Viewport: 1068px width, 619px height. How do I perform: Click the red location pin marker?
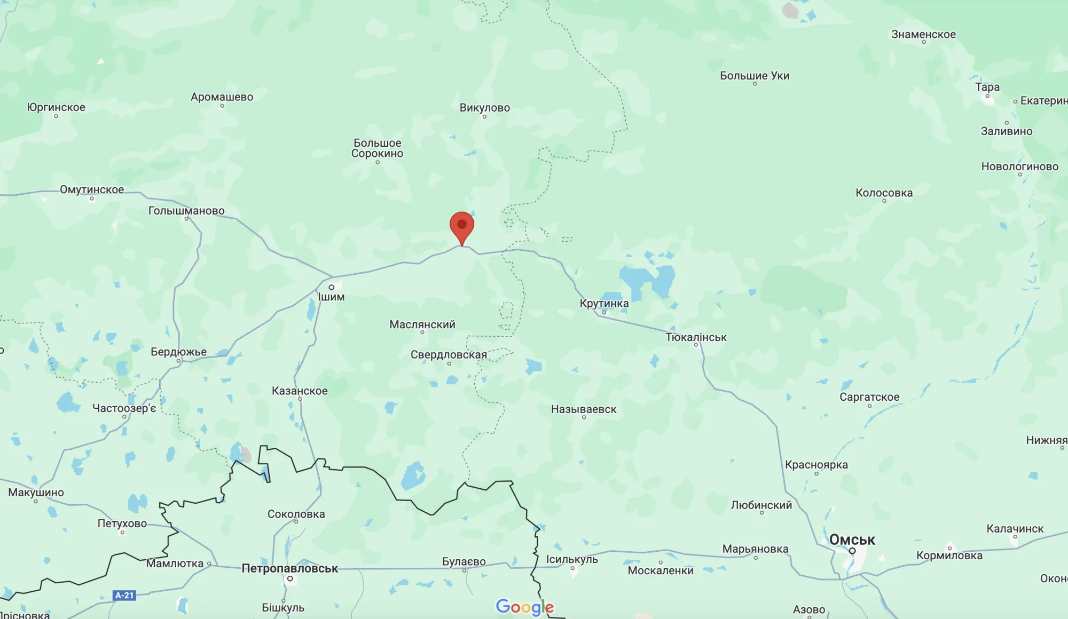click(462, 226)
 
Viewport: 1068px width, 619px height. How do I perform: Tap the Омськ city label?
click(852, 539)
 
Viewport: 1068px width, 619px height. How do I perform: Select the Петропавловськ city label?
click(289, 568)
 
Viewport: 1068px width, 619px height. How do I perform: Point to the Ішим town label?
click(331, 297)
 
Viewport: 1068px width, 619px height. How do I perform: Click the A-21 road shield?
click(124, 595)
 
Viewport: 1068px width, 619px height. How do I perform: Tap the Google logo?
click(524, 607)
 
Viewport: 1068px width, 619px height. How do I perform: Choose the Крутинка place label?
click(604, 303)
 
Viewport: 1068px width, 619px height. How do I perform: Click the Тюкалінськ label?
click(696, 337)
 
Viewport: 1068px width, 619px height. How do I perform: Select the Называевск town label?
click(584, 409)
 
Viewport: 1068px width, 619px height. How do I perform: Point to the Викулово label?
click(484, 108)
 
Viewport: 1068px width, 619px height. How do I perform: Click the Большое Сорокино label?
click(377, 148)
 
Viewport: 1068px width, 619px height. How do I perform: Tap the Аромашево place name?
click(222, 97)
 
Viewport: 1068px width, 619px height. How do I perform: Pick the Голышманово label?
click(186, 211)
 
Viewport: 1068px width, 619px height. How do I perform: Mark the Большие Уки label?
click(755, 76)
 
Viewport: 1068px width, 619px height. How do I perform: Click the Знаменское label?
click(923, 35)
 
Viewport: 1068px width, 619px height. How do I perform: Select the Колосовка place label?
click(884, 193)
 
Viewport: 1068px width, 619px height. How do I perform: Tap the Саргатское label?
click(869, 397)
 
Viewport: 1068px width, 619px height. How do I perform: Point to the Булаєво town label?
click(464, 561)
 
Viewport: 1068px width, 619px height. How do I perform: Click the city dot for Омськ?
click(852, 551)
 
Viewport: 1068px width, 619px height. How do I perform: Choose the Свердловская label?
click(449, 355)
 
